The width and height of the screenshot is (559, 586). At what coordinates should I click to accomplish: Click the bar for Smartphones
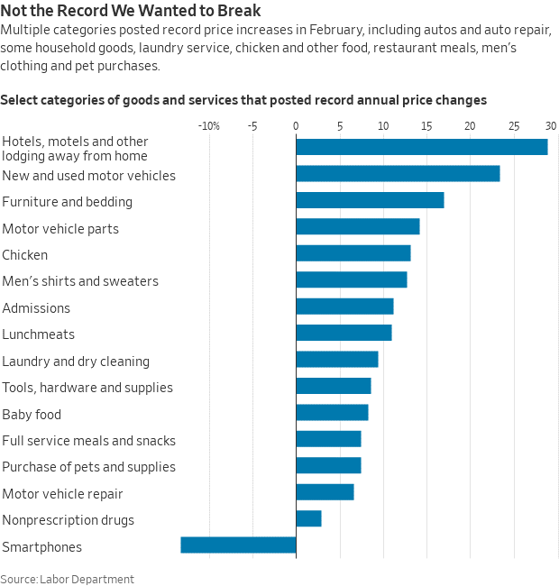pos(238,545)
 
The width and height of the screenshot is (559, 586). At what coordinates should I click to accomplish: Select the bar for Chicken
pos(353,253)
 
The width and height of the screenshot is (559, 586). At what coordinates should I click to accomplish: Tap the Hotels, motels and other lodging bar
pos(422,147)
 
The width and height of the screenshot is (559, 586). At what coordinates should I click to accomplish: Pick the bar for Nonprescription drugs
pos(308,518)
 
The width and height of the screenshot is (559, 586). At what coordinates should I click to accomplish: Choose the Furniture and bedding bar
pos(370,200)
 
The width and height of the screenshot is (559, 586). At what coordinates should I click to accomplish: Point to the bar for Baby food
pos(332,412)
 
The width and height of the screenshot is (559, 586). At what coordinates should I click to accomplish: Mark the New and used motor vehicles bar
pos(398,173)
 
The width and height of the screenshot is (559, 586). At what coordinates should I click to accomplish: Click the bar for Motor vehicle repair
pos(325,492)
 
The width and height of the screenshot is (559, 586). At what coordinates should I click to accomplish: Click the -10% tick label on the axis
pos(209,126)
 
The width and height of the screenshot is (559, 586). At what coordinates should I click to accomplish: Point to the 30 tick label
pos(551,126)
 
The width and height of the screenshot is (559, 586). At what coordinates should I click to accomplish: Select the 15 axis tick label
pos(426,126)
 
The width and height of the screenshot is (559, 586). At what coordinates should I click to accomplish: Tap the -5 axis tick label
pos(252,126)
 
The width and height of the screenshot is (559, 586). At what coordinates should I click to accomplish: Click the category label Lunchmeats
pos(38,334)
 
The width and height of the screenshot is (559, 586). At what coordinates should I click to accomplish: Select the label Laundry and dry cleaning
pos(76,362)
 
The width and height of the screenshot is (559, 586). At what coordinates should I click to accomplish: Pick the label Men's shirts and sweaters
pos(80,281)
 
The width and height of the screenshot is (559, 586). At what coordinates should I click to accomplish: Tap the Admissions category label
pos(36,308)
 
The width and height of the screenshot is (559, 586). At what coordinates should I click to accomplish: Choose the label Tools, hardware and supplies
pos(87,388)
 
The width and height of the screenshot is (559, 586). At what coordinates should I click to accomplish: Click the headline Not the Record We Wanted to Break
pos(131,11)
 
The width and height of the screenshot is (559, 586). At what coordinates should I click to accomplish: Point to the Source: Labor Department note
pos(67,579)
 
